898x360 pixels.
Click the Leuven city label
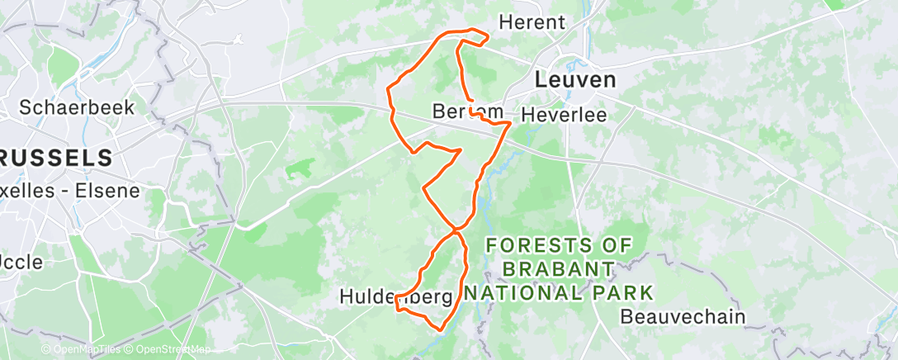point(575,80)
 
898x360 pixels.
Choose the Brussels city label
point(56,157)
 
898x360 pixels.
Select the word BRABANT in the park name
point(558,269)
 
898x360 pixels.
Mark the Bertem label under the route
point(467,111)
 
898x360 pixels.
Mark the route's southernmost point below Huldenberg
point(440,329)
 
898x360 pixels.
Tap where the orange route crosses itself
point(456,230)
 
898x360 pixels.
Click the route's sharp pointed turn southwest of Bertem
point(460,151)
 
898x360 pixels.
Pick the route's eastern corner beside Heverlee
point(511,122)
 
